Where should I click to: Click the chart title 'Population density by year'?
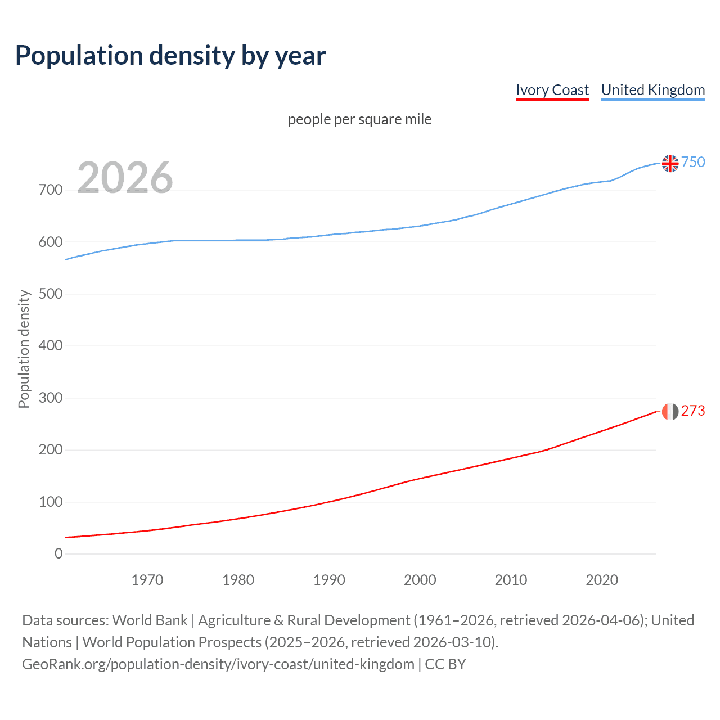click(x=170, y=56)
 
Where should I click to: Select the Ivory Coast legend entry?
click(x=552, y=90)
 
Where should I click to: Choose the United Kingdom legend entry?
click(x=652, y=90)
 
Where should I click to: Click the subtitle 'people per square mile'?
click(x=359, y=120)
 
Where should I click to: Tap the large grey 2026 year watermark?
click(x=125, y=178)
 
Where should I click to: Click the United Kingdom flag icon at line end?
click(x=670, y=163)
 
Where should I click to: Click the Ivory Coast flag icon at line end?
click(x=670, y=412)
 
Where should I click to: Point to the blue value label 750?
click(x=693, y=163)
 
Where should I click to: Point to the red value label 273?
click(x=693, y=411)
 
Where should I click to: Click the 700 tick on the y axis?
click(x=51, y=190)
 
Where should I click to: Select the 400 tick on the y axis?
click(x=51, y=346)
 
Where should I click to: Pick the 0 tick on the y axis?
click(x=58, y=554)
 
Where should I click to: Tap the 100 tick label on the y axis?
click(x=51, y=502)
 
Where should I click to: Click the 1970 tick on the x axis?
click(x=147, y=580)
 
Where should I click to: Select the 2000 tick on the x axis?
click(x=420, y=580)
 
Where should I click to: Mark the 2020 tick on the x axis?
click(x=602, y=580)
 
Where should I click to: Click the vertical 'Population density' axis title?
click(x=24, y=349)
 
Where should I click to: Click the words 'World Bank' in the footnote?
click(x=150, y=620)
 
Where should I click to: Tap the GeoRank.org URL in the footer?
click(x=218, y=664)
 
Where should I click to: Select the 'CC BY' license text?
click(x=445, y=664)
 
